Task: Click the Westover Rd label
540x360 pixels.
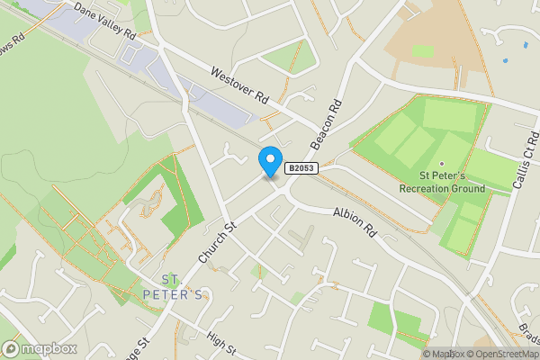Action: (x=239, y=85)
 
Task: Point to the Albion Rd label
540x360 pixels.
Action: (x=353, y=221)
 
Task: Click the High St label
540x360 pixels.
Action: (x=220, y=342)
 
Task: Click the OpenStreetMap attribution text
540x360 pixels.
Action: (x=499, y=354)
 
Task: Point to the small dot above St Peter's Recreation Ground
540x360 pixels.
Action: (x=441, y=164)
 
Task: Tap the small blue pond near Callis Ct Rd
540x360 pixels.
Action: (x=504, y=60)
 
